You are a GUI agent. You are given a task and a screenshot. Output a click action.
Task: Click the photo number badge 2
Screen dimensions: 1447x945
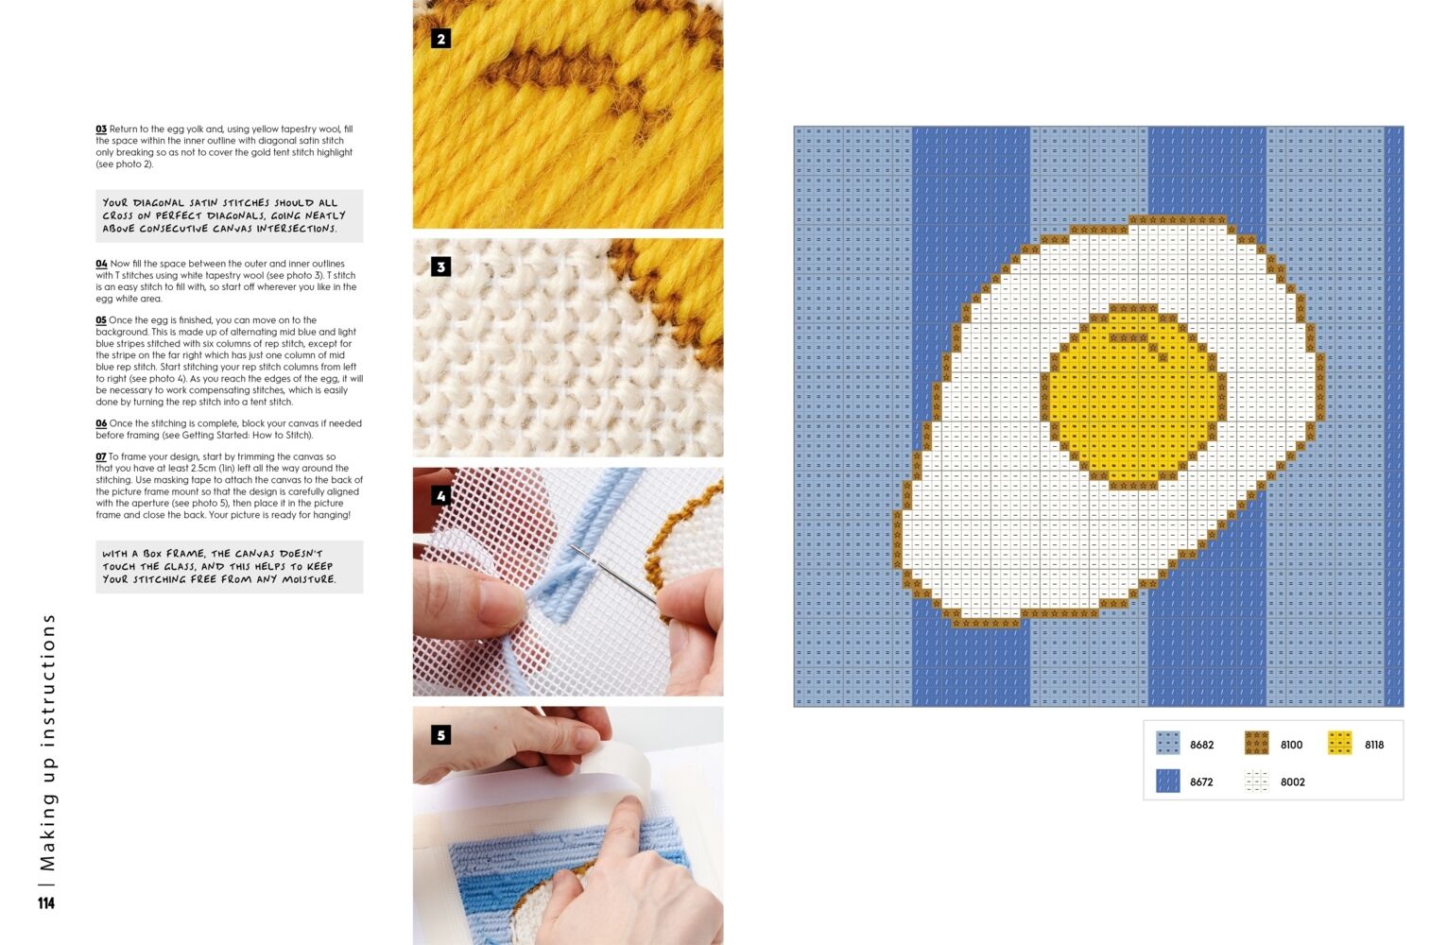[440, 39]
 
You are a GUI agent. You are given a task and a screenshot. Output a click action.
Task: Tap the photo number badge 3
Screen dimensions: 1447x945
[440, 266]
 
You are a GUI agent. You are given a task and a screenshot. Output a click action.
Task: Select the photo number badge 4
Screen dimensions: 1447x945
[440, 495]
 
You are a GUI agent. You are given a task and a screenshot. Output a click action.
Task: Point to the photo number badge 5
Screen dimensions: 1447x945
[440, 734]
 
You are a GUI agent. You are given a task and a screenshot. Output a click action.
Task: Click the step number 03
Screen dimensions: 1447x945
[101, 129]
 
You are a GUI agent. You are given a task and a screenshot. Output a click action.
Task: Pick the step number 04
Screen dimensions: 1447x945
[101, 264]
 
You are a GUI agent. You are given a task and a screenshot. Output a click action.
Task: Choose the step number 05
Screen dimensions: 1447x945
[101, 320]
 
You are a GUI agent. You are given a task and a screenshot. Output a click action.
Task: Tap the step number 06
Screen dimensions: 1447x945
[101, 423]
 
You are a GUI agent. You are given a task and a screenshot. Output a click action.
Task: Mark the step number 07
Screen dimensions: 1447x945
[101, 456]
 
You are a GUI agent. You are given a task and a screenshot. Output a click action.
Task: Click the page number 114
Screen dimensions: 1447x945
[46, 903]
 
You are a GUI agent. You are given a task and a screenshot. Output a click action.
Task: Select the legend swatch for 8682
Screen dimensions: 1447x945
[1167, 743]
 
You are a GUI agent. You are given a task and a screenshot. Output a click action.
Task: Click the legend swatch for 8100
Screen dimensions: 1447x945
[1256, 743]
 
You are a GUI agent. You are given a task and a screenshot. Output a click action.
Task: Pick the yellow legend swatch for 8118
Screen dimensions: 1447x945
[1340, 743]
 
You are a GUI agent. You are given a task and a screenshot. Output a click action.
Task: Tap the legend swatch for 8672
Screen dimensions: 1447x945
[1167, 781]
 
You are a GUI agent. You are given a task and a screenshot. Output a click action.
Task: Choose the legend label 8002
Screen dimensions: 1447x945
[1293, 782]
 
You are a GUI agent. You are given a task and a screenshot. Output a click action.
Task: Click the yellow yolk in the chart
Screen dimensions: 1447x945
[1134, 397]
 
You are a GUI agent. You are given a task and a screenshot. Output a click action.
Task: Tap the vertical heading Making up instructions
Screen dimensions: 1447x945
[47, 742]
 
